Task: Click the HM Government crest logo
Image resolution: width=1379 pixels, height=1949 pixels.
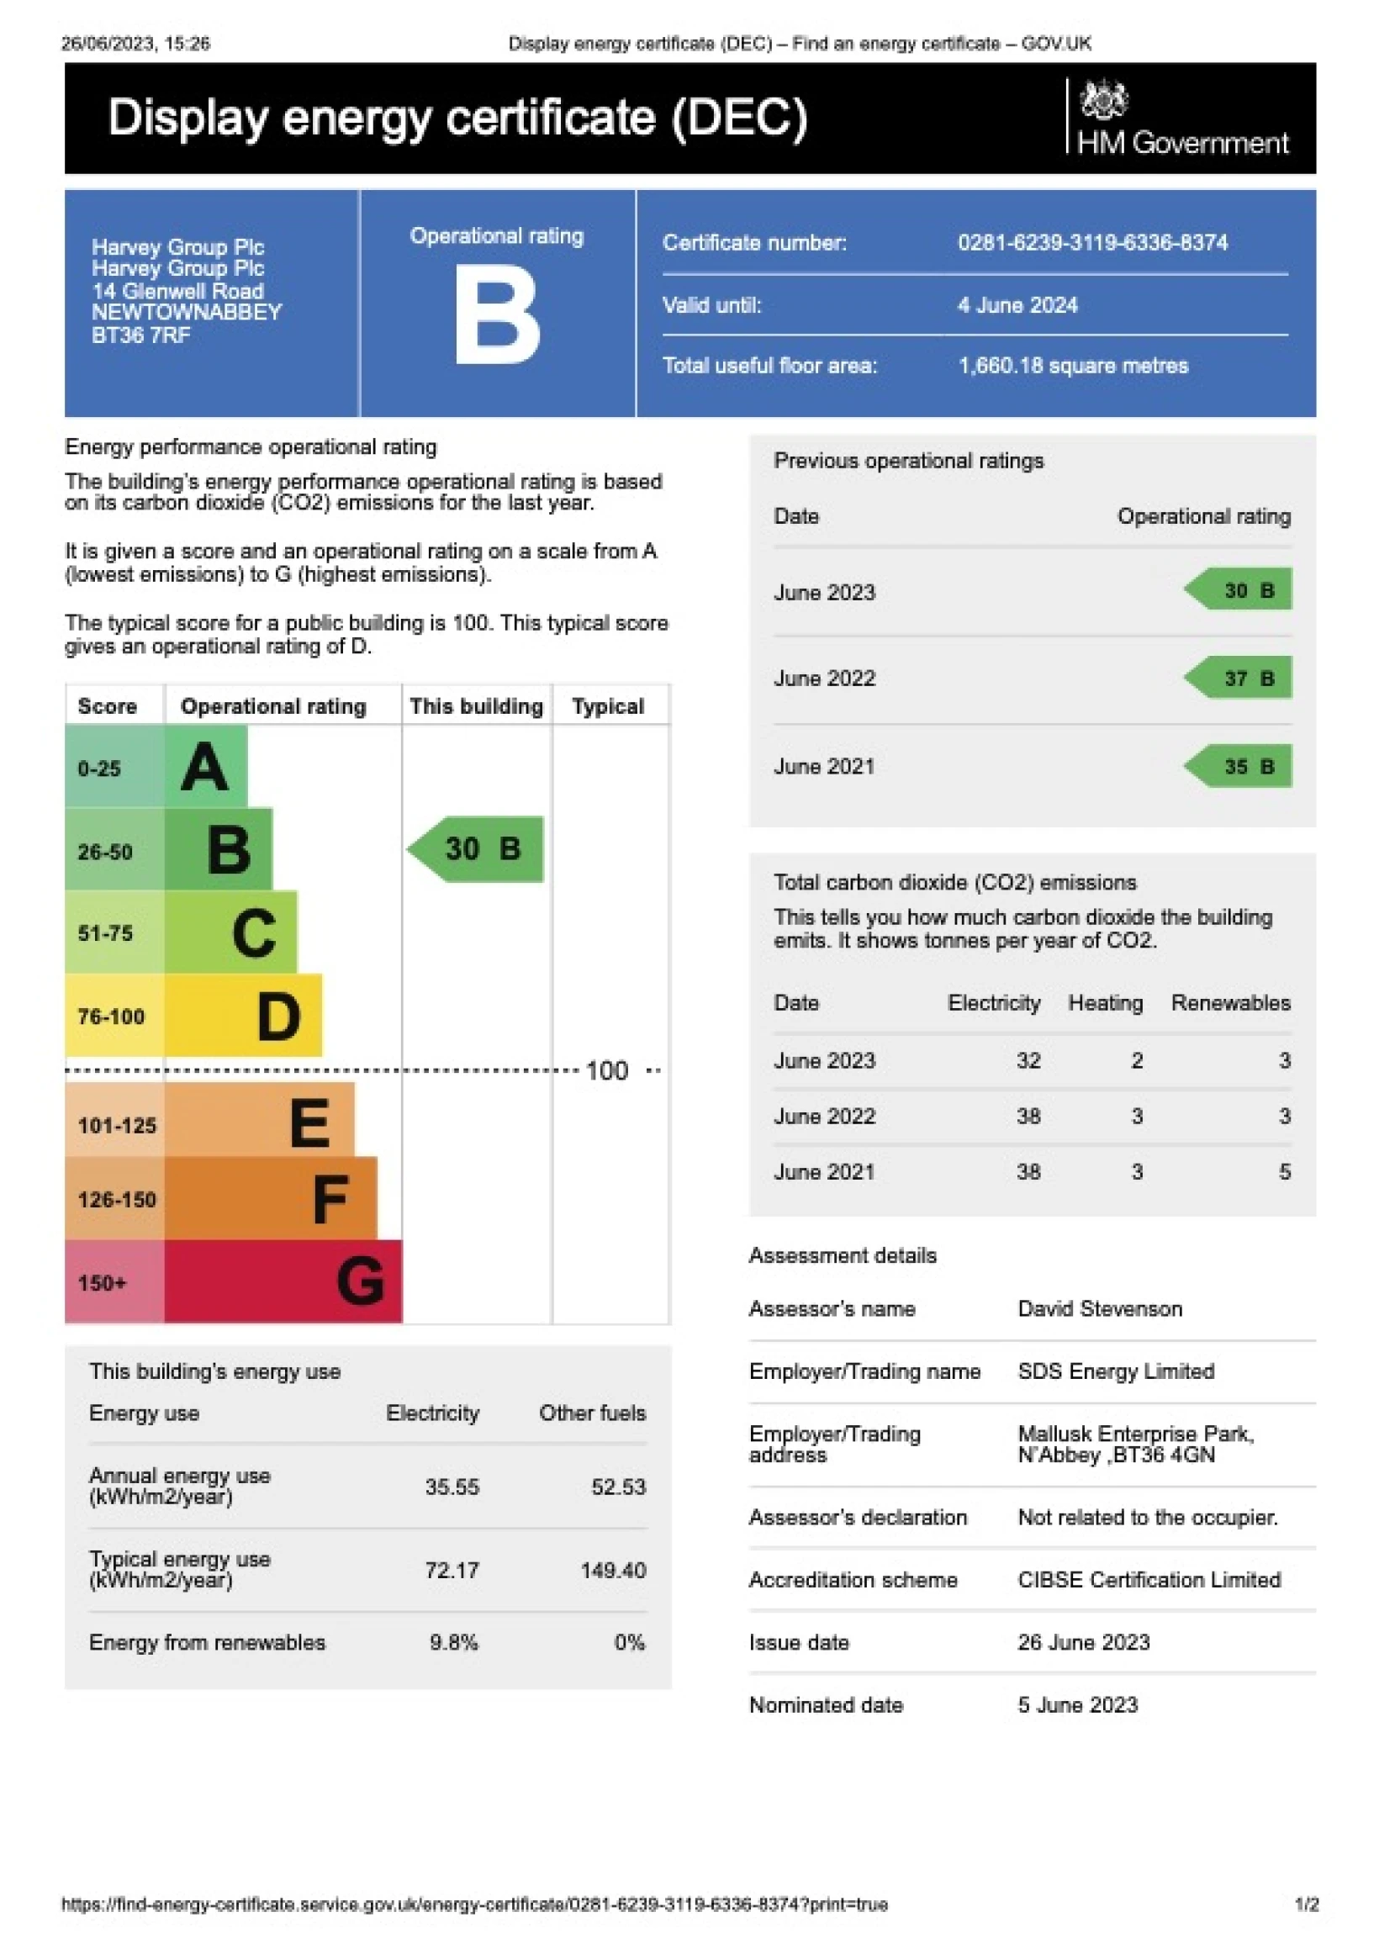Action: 1103,100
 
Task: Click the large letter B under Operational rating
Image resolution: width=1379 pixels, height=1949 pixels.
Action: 497,315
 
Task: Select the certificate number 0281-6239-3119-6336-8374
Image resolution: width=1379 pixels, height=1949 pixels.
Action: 1092,243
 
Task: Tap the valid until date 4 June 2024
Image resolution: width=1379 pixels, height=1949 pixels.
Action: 1017,304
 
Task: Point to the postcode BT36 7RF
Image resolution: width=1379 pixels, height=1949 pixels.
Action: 141,335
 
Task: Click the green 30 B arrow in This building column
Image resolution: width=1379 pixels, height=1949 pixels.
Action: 477,849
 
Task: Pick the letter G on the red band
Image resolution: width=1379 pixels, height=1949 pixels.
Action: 360,1281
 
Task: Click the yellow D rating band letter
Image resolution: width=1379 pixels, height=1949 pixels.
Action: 278,1016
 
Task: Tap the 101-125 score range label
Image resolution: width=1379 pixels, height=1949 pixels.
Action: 117,1126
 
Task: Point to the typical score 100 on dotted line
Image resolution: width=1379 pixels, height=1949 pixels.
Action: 607,1070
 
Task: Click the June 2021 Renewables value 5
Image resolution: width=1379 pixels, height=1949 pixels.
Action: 1284,1171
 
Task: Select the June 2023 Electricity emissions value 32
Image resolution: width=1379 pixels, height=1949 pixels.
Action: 1028,1060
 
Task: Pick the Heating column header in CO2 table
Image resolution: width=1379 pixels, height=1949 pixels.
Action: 1105,1002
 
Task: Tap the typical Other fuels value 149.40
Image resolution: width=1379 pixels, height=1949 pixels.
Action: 612,1570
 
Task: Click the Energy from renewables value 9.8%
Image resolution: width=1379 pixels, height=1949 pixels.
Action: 453,1642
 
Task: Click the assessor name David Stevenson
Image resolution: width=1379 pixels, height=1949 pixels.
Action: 1100,1308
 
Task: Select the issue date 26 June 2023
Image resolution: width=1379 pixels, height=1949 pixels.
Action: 1084,1642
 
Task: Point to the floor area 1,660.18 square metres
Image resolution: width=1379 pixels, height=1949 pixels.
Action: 1073,366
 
